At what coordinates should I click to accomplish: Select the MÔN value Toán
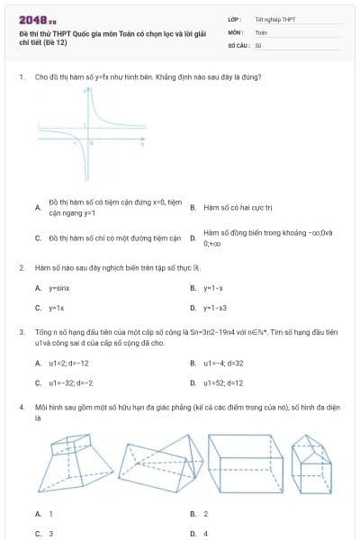click(x=261, y=31)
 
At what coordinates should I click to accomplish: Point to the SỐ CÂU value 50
click(x=258, y=44)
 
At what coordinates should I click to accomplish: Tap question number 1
click(x=21, y=77)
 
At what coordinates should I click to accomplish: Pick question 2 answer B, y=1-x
click(x=212, y=288)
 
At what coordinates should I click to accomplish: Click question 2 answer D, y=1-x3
click(x=214, y=308)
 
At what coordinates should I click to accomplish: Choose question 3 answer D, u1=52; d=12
click(x=223, y=382)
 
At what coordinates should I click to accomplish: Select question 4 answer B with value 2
click(x=205, y=514)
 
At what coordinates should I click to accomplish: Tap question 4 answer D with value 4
click(x=205, y=534)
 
